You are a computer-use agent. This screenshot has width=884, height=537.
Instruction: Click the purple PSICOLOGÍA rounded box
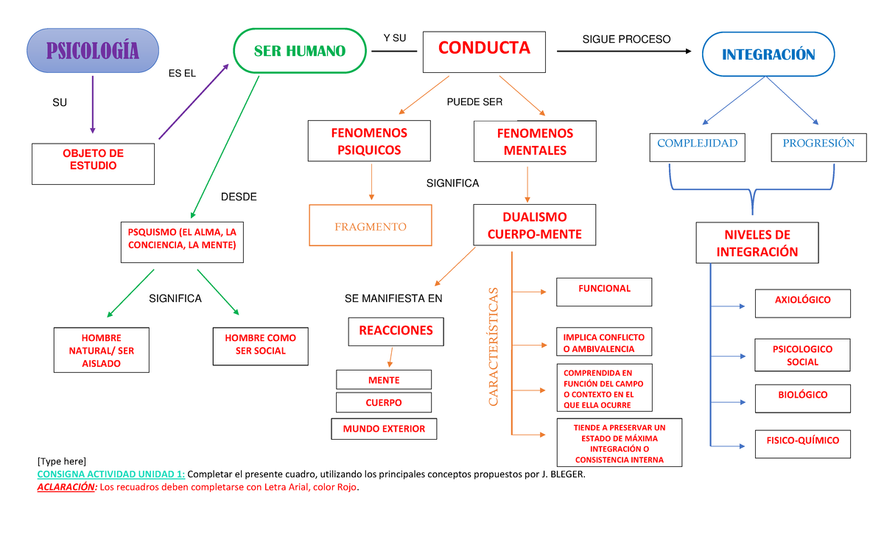tap(92, 51)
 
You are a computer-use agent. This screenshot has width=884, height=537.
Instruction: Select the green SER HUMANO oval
tap(299, 51)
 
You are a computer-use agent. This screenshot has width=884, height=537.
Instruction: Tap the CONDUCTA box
tap(484, 51)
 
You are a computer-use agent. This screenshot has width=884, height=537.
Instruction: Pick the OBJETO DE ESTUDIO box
tap(94, 163)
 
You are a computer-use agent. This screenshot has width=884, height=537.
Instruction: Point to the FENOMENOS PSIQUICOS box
tap(369, 141)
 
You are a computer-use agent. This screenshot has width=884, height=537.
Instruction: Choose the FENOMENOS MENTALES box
tap(535, 141)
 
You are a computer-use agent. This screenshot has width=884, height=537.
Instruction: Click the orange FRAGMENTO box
tap(370, 226)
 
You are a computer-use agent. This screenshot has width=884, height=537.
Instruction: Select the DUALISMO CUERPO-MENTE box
tap(534, 225)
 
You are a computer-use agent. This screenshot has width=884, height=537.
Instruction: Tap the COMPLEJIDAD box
tap(697, 146)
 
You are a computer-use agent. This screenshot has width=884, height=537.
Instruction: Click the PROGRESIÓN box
tap(818, 146)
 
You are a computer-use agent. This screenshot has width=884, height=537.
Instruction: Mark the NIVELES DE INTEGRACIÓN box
tap(757, 243)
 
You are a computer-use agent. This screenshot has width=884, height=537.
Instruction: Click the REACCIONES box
tap(396, 331)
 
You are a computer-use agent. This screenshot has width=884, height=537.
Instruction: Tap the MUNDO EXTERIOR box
tap(383, 429)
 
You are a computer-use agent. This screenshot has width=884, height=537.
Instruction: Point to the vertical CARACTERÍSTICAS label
tap(494, 346)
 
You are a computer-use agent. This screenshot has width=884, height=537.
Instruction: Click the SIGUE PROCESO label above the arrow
tap(626, 39)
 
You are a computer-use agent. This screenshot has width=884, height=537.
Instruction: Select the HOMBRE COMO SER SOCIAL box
tap(260, 345)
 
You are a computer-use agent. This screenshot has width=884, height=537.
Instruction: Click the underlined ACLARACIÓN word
tap(66, 488)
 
